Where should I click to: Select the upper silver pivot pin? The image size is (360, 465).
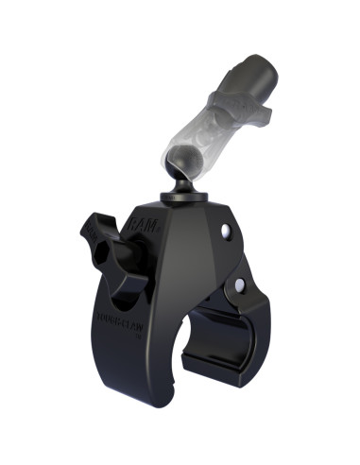pos(225,232)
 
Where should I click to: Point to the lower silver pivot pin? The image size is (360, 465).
pos(239,284)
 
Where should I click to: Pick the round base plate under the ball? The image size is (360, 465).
pos(179,196)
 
